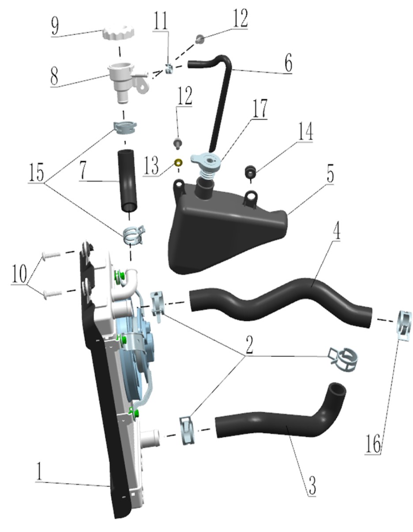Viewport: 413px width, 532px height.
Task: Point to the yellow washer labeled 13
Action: point(178,162)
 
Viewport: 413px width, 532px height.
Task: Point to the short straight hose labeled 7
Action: point(127,181)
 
